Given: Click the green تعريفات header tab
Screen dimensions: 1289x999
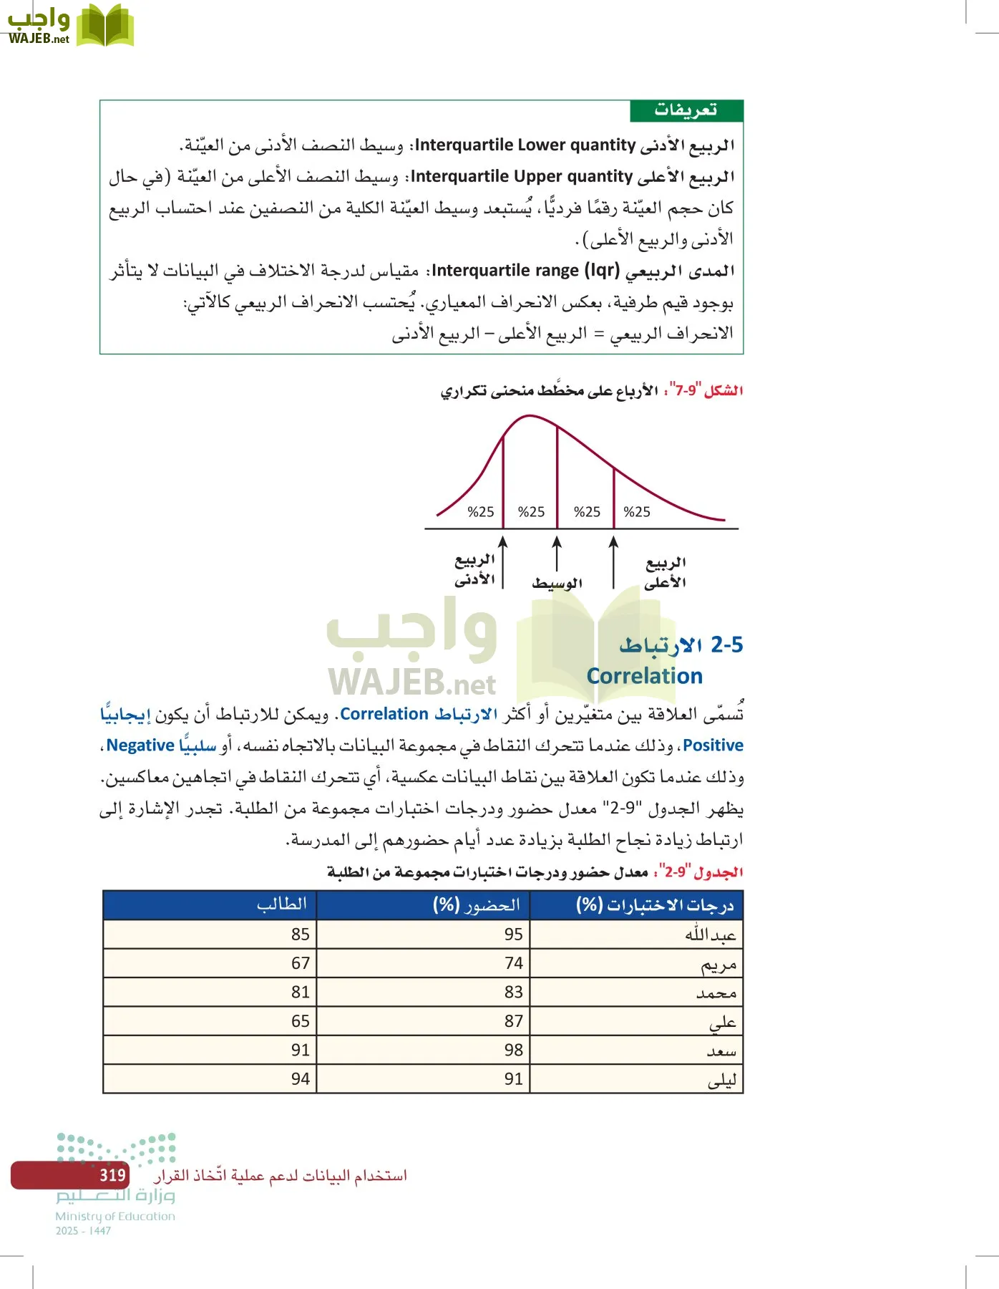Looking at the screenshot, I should (x=686, y=111).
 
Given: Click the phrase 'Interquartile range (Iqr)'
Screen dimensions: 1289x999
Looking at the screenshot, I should (x=525, y=271).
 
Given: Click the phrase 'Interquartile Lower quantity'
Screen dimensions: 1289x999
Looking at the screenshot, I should (x=525, y=145).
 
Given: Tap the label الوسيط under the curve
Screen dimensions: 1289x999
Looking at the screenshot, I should (x=557, y=583).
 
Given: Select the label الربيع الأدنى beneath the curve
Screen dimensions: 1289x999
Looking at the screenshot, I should (x=474, y=570).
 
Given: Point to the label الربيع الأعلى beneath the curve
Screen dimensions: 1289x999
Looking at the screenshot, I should (x=665, y=573).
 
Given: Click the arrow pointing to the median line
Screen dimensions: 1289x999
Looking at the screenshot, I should (x=557, y=554).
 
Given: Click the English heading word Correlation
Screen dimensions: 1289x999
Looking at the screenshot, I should (x=644, y=676).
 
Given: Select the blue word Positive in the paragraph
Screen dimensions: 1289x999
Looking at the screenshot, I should (x=713, y=745).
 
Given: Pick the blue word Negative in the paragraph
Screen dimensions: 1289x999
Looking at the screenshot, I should (x=140, y=745).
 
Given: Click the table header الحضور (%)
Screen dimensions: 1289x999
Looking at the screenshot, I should (x=477, y=905).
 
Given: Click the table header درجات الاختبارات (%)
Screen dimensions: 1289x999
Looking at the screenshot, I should (x=655, y=905).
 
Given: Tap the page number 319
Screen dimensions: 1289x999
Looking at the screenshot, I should (x=112, y=1175).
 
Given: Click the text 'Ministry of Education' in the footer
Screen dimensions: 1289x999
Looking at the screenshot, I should (x=115, y=1216).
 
